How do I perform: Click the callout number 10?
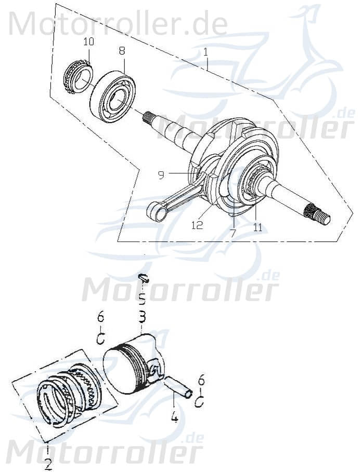[88, 41]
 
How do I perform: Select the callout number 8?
[122, 51]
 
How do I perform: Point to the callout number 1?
[206, 52]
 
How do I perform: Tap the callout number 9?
[161, 175]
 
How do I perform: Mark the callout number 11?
[258, 227]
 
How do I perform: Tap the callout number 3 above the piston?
[141, 316]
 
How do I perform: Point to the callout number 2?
[47, 463]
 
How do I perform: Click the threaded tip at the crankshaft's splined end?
[324, 219]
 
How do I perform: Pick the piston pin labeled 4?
[177, 387]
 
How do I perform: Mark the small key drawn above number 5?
[144, 278]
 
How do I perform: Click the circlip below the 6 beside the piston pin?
[199, 402]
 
